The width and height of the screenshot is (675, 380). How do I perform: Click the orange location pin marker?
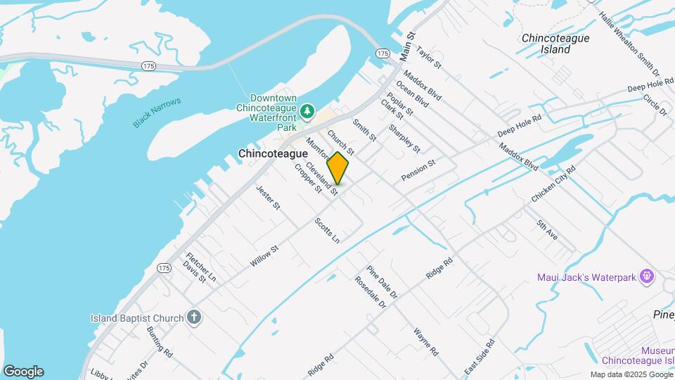coord(338,167)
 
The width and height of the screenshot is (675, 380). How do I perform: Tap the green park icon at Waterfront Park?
coord(307,111)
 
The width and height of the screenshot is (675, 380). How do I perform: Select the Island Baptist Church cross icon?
coord(194,318)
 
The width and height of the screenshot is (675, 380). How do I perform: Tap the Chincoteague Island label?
coord(555,44)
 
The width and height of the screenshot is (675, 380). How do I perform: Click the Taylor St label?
coord(427,58)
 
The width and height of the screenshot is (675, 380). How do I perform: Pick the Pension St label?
coord(418,169)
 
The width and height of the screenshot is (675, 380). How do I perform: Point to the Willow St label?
coord(265,255)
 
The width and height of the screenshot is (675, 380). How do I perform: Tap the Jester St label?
coord(269,198)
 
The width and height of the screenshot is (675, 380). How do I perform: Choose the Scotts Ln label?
coord(327,230)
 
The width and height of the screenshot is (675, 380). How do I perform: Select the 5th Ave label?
coord(546,230)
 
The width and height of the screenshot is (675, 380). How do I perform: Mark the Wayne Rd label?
coord(426,341)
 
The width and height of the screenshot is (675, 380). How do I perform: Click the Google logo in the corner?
coord(23,372)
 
